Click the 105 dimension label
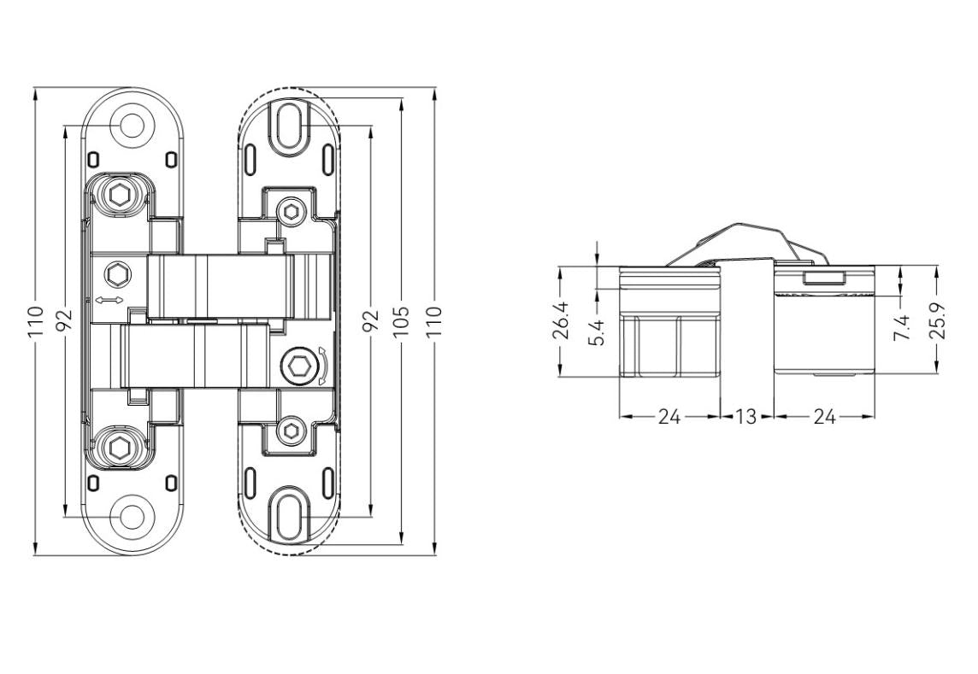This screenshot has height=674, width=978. click(x=402, y=320)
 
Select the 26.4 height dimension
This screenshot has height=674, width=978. click(x=562, y=321)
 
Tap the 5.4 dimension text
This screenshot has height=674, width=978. click(x=598, y=331)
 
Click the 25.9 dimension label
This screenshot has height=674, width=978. click(x=937, y=321)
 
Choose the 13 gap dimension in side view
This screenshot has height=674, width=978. click(x=745, y=417)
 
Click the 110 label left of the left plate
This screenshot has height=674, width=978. click(x=35, y=321)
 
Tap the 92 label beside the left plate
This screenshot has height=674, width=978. click(x=65, y=320)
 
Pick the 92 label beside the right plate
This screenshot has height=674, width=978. click(x=370, y=320)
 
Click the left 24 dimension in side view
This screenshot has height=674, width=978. click(x=669, y=417)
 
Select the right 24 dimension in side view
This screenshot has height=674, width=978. click(x=823, y=417)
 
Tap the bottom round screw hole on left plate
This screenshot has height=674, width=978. click(x=133, y=516)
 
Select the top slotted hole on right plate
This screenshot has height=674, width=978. click(x=288, y=126)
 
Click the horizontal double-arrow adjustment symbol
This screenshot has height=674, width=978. click(x=109, y=301)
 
